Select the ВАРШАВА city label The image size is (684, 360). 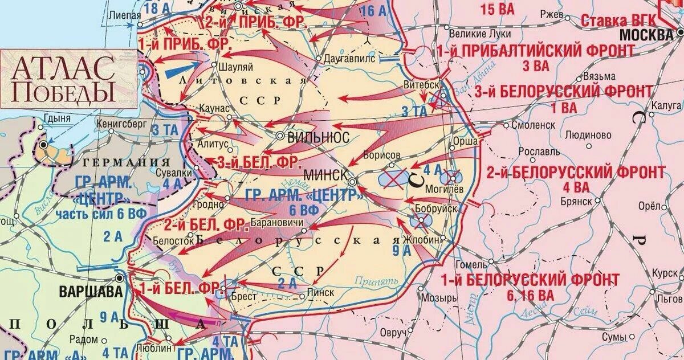pos(90,292)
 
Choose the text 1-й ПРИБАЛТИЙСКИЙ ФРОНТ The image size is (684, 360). pos(536,51)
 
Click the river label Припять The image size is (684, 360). pos(374,280)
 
